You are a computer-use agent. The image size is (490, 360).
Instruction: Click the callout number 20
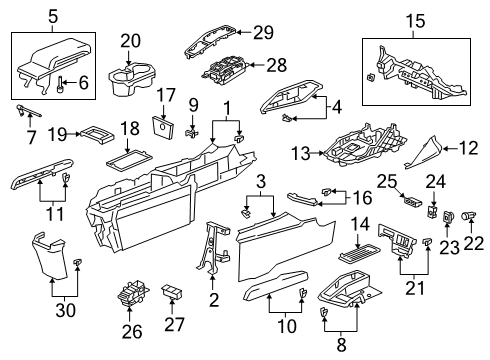[x=131, y=41]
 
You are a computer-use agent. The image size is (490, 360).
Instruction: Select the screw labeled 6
[x=60, y=85]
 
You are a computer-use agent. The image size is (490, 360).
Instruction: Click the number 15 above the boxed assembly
[x=416, y=21]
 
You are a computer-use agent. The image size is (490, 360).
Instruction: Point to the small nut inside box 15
[x=371, y=77]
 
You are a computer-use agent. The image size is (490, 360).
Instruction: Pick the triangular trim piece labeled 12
[x=423, y=153]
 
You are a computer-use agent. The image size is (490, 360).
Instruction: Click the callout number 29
[x=263, y=32]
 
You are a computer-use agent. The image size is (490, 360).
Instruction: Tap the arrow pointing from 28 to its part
[x=257, y=65]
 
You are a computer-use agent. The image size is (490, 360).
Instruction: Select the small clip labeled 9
[x=192, y=134]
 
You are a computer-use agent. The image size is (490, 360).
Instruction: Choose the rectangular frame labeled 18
[x=129, y=158]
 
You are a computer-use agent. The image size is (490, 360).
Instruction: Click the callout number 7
[x=31, y=138]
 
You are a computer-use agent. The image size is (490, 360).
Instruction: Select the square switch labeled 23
[x=447, y=217]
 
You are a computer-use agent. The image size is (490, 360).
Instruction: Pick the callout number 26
[x=132, y=332]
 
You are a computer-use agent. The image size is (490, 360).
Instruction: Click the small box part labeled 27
[x=172, y=291]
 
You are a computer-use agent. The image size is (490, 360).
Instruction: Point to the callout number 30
[x=65, y=311]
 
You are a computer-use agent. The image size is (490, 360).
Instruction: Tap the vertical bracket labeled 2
[x=212, y=247]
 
